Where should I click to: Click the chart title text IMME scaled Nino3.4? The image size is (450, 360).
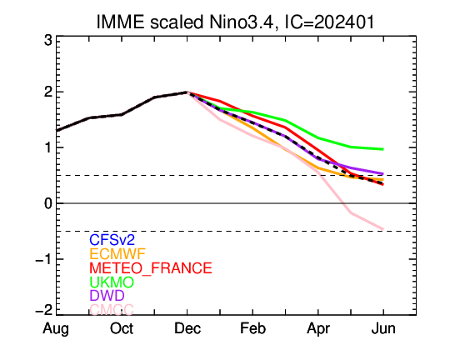coord(186,22)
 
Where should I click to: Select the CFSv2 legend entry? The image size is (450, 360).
coord(112,240)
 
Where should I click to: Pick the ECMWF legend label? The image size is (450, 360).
coord(117,254)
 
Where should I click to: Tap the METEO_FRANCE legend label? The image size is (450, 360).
coord(151,268)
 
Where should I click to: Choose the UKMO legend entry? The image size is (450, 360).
coord(112,282)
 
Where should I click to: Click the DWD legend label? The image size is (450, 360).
coord(107,295)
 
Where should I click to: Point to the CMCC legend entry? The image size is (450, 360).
coord(112,309)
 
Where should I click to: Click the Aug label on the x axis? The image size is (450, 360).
coord(56,329)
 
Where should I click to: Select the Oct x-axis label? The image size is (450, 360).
coord(122,328)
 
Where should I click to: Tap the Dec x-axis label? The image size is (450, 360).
coord(187,328)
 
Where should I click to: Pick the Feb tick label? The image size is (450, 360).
coord(252,328)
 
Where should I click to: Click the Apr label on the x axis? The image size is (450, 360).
coord(318,329)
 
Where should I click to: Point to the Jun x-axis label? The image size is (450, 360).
coord(383,328)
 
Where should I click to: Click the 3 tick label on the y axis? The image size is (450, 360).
coord(48,41)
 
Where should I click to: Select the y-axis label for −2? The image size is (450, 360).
coord(44,310)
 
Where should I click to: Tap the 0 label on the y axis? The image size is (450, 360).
coord(48,203)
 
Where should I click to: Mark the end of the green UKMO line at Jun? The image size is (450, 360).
coord(383,149)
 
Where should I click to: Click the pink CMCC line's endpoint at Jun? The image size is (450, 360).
coord(383,229)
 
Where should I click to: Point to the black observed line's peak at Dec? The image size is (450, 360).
coord(187,92)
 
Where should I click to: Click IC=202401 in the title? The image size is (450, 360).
coord(330,22)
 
